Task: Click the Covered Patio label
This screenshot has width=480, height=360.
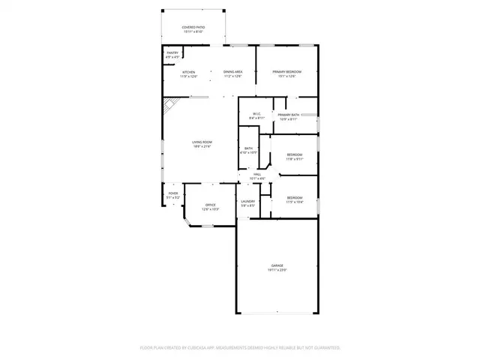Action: click(193, 28)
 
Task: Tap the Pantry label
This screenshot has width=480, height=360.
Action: click(172, 52)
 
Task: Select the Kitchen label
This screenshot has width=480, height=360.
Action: click(188, 72)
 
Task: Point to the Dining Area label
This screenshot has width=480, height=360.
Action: click(232, 72)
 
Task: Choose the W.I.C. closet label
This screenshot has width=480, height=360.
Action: click(256, 114)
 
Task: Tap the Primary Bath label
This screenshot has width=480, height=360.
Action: click(289, 115)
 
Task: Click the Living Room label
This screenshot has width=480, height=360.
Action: click(202, 142)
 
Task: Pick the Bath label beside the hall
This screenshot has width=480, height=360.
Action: click(248, 148)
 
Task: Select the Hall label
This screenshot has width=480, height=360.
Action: click(257, 175)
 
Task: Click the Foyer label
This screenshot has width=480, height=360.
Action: click(172, 193)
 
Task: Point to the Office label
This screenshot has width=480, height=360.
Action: click(211, 205)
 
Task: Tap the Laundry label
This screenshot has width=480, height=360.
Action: click(248, 201)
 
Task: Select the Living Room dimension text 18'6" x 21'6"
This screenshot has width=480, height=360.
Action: click(202, 146)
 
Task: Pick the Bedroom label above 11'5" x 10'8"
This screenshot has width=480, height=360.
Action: click(295, 197)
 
